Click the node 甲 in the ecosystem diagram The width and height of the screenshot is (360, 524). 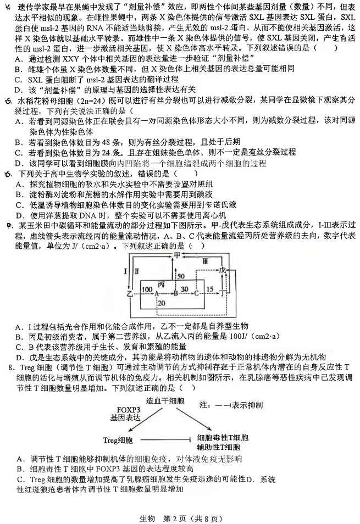tap(177, 257)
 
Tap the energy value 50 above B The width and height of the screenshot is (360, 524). tap(181, 276)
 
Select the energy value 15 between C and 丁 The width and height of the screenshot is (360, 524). tap(210, 289)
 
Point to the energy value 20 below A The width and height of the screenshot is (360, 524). tap(160, 304)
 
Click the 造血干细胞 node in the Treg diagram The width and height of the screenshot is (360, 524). tap(165, 402)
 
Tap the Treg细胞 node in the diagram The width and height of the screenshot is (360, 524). tap(118, 440)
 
